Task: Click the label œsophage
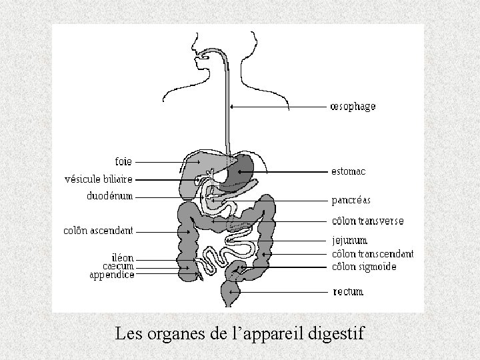coord(353,107)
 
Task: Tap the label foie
coord(123,161)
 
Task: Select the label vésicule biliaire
coord(99,179)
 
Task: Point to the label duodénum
coord(110,196)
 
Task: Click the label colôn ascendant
coord(98,231)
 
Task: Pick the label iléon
coord(123,257)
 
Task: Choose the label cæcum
coord(119,266)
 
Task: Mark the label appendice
coord(112,275)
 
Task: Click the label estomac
coord(348,171)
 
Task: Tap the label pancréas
coord(351,200)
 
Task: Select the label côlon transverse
coord(367,221)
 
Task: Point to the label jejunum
coord(349,240)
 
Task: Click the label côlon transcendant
coord(373,254)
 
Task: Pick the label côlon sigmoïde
coord(364,267)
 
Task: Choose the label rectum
coord(348,291)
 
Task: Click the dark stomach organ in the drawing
coord(243,170)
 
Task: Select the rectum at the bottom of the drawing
coord(228,292)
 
